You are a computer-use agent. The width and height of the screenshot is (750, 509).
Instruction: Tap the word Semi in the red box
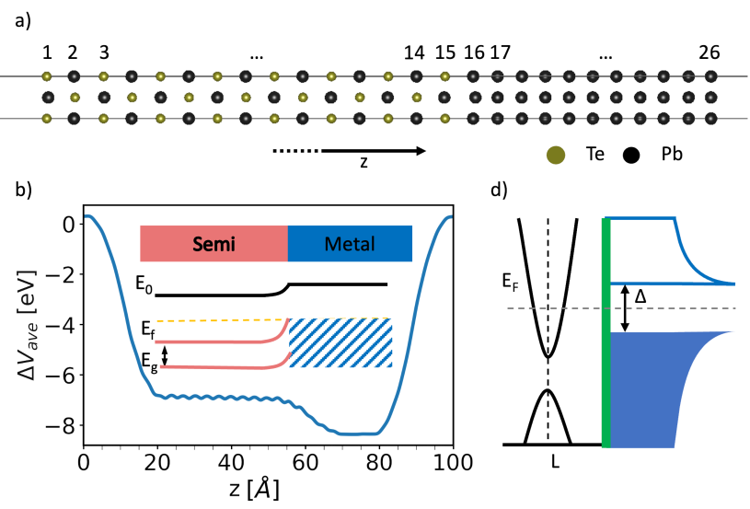point(213,245)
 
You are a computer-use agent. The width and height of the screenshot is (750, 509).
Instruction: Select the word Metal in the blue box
point(349,245)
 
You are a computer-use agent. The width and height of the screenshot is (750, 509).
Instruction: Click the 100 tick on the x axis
point(452,464)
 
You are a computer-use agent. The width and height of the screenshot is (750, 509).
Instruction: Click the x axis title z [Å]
point(267,489)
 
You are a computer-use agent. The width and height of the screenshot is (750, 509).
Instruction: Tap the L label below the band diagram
point(555,462)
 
